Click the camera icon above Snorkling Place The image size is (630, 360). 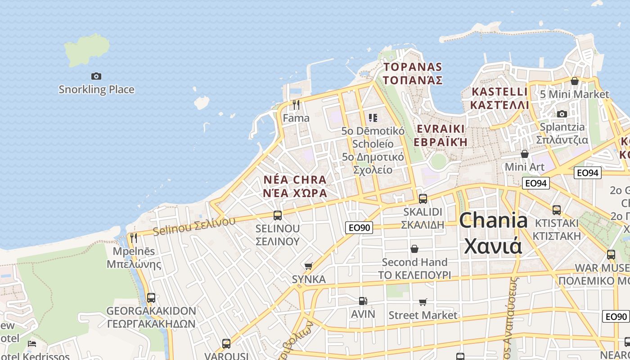96,76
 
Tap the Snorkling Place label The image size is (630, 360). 96,89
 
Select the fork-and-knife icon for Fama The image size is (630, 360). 296,105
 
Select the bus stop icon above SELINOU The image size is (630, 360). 278,215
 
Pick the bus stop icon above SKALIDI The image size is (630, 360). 423,198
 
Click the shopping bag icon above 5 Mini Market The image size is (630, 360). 574,81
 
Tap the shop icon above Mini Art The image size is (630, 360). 524,154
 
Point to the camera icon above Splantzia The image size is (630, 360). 562,114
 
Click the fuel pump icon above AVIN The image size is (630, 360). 363,301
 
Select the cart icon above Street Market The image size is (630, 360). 423,302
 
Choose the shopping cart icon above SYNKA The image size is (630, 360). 308,266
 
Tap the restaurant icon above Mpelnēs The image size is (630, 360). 133,238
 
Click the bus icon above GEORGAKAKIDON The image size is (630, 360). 151,297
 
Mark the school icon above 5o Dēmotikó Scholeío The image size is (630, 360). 373,118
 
